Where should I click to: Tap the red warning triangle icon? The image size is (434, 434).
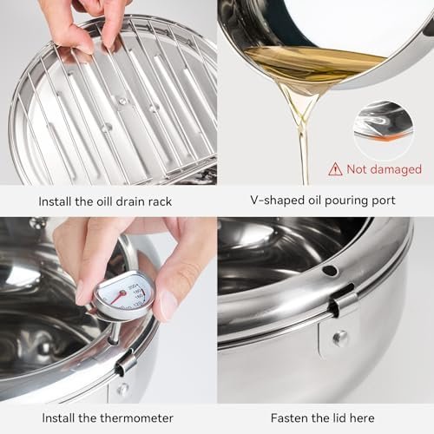334,169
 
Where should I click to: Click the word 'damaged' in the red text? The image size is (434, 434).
395,169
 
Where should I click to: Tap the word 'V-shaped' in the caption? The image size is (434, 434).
252,201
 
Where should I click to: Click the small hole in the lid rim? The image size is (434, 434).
330,270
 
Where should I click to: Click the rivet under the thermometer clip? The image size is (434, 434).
123,388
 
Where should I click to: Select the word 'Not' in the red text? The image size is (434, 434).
358,169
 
